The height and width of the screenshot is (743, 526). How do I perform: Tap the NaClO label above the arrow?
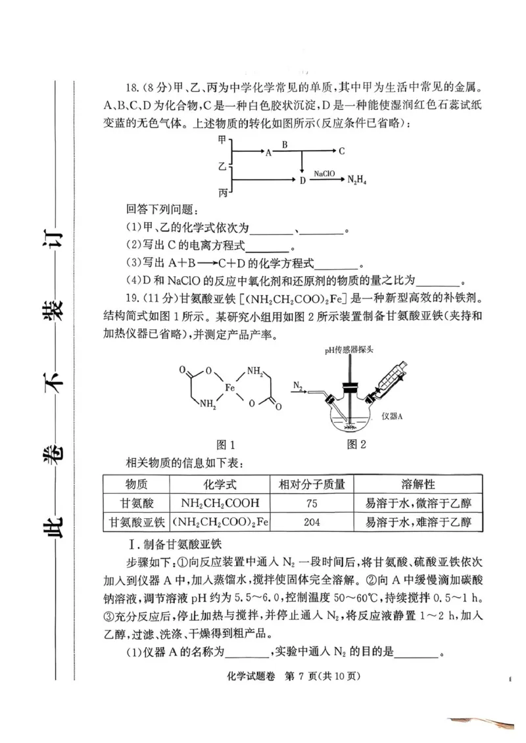coord(324,174)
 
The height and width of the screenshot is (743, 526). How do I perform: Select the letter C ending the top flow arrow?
coord(341,151)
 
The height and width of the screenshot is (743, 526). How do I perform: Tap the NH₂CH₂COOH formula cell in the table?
coord(220,504)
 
